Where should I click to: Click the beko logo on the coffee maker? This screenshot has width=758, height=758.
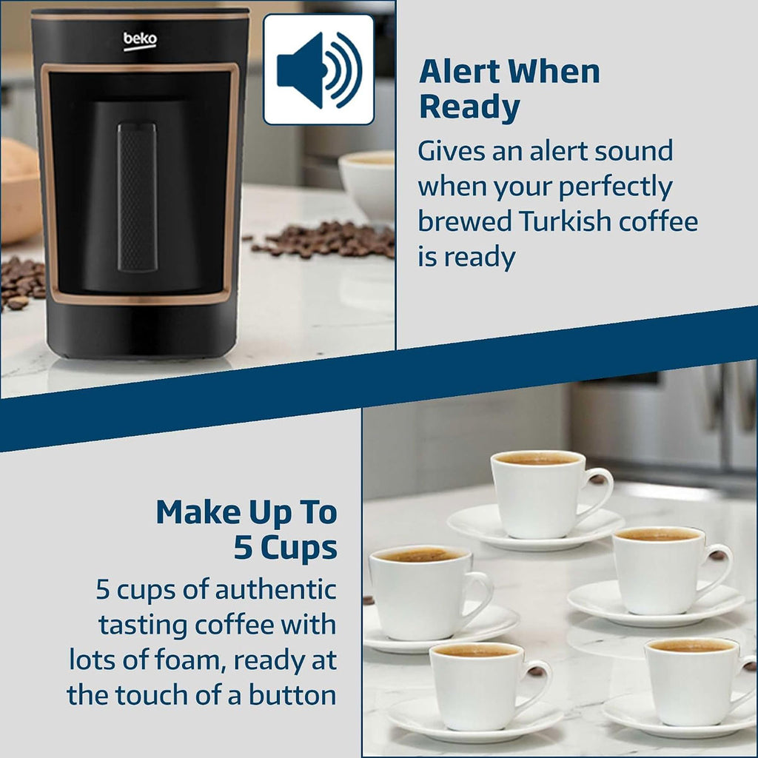pyautogui.click(x=140, y=41)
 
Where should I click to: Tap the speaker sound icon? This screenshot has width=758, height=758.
pyautogui.click(x=318, y=70)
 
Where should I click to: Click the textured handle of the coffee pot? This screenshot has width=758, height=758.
pyautogui.click(x=137, y=197)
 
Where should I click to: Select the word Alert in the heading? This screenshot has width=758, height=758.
pyautogui.click(x=459, y=72)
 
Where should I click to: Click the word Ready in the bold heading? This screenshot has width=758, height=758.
pyautogui.click(x=469, y=107)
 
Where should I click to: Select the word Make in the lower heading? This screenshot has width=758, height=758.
pyautogui.click(x=198, y=512)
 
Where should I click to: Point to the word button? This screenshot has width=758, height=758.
pyautogui.click(x=292, y=695)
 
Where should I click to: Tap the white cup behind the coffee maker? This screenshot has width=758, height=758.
pyautogui.click(x=366, y=184)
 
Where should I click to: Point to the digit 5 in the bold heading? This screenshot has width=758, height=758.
pyautogui.click(x=244, y=549)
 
